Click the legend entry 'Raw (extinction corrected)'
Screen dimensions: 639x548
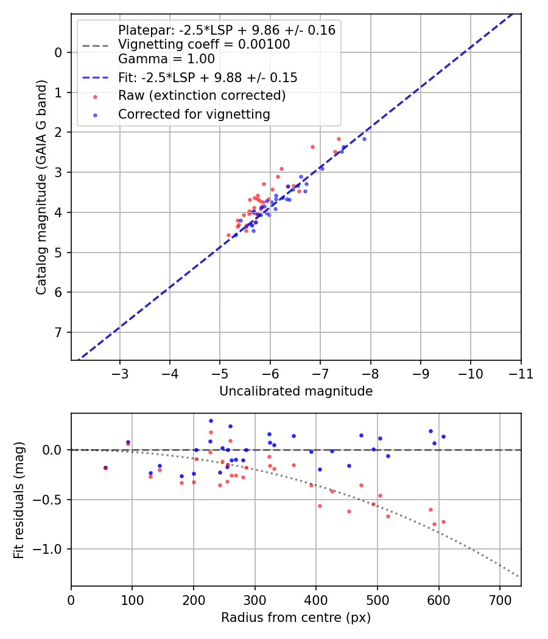click(x=202, y=96)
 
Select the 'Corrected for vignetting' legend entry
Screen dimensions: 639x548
click(x=194, y=114)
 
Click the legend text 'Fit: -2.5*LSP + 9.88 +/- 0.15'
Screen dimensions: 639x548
click(x=208, y=78)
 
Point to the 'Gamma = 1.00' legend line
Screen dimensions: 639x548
click(x=166, y=59)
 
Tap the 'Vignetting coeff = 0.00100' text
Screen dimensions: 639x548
click(x=204, y=44)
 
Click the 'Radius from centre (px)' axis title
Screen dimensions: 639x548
click(x=295, y=618)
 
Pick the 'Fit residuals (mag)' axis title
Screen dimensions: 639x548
click(x=19, y=500)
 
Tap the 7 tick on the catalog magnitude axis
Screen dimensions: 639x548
click(x=58, y=332)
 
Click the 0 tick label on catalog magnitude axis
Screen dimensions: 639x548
click(x=58, y=52)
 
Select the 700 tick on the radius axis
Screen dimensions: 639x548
click(x=499, y=599)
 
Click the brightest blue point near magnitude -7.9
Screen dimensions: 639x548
click(x=364, y=139)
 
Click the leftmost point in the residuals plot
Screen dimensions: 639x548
click(x=105, y=468)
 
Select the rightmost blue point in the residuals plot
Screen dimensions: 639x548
click(x=443, y=436)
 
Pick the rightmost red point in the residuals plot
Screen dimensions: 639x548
click(x=443, y=522)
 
